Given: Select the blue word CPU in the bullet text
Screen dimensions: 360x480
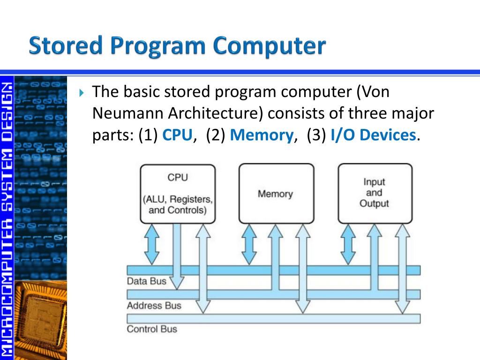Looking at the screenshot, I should pyautogui.click(x=178, y=135).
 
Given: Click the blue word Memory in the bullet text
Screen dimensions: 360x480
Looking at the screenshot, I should pyautogui.click(x=262, y=135).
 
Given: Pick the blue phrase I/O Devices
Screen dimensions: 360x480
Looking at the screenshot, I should pyautogui.click(x=373, y=135).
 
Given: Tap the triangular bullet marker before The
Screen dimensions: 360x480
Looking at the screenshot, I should pyautogui.click(x=82, y=92).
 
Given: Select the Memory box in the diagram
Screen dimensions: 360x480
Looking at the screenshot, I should pyautogui.click(x=276, y=193).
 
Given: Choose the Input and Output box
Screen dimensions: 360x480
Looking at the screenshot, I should pyautogui.click(x=375, y=193).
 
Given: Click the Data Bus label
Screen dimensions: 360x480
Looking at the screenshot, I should pyautogui.click(x=146, y=281).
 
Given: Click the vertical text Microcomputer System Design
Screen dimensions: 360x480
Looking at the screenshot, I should pyautogui.click(x=7, y=216).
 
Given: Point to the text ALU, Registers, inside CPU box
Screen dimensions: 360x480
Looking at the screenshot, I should pyautogui.click(x=178, y=199).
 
